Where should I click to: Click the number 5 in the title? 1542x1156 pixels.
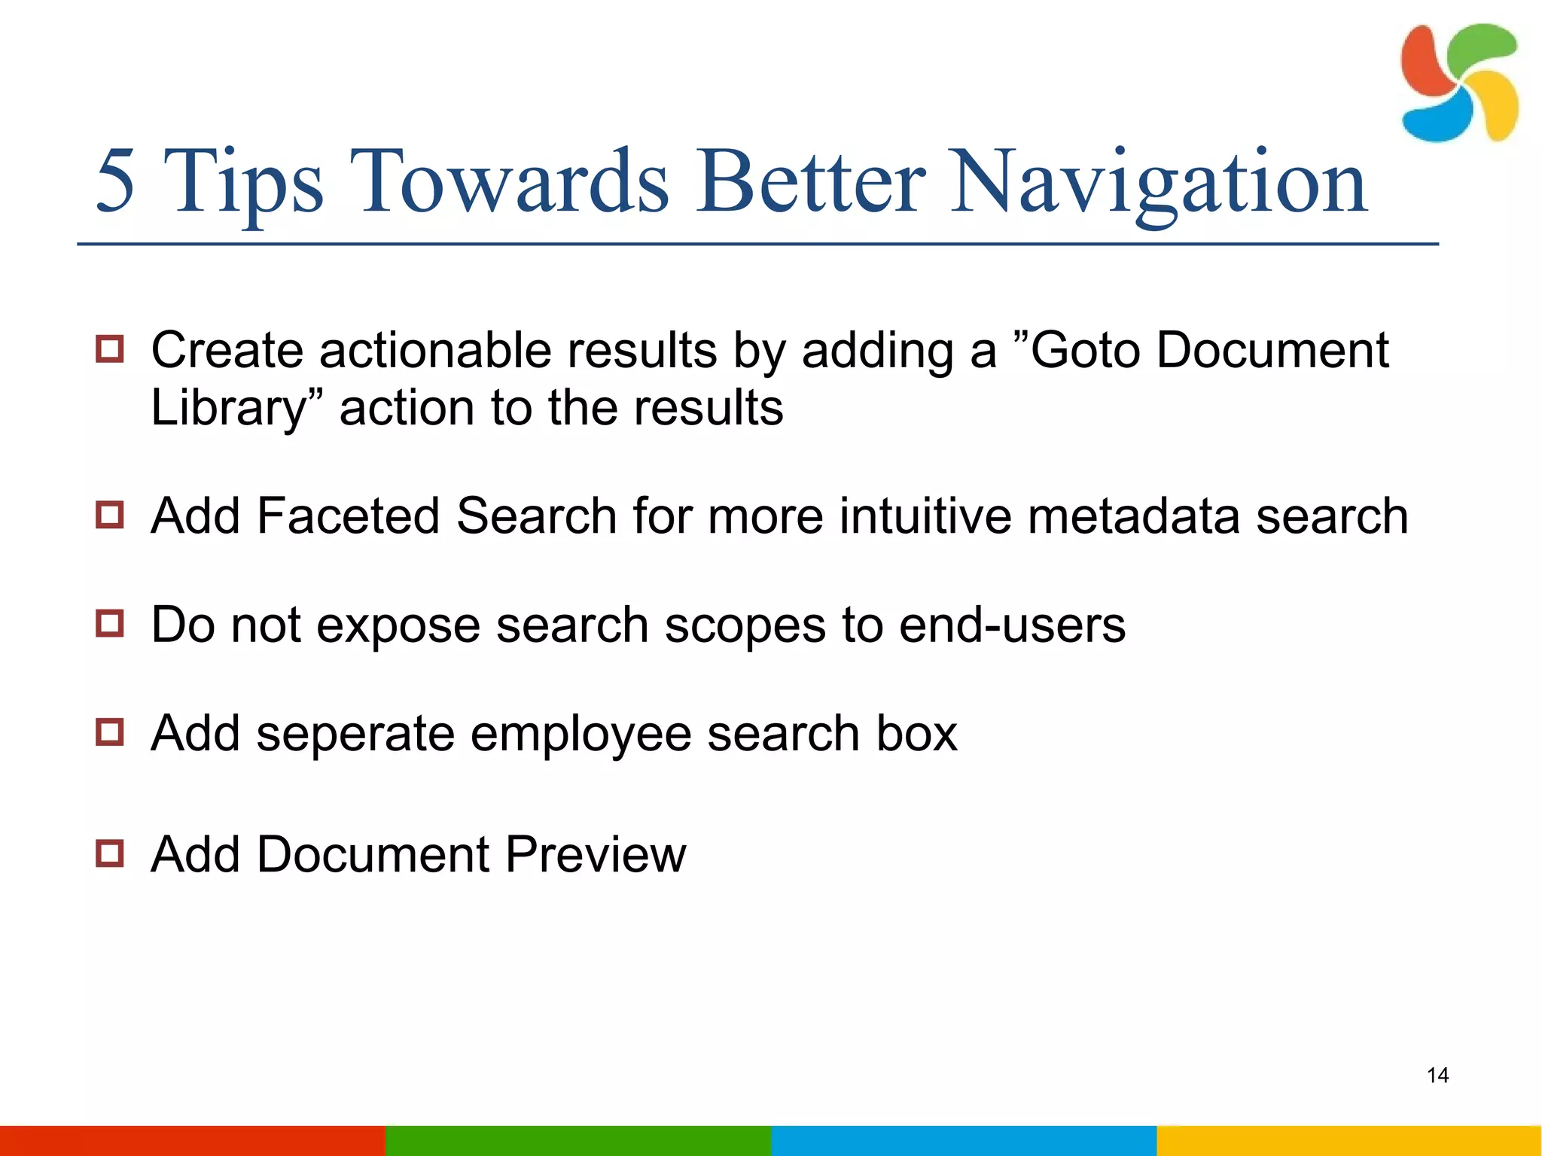click(x=116, y=181)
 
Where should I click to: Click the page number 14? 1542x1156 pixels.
click(x=1437, y=1075)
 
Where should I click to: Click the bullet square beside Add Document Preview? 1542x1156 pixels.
click(x=110, y=853)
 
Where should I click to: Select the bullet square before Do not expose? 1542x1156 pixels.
click(x=110, y=624)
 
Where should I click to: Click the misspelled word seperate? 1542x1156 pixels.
click(x=355, y=733)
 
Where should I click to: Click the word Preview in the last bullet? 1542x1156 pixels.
click(x=595, y=855)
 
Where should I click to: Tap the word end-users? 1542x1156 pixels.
click(x=1012, y=625)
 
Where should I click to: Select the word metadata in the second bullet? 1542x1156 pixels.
click(x=1133, y=516)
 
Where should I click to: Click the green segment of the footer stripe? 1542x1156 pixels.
click(x=578, y=1140)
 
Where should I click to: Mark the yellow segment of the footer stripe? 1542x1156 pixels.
click(x=1349, y=1140)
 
